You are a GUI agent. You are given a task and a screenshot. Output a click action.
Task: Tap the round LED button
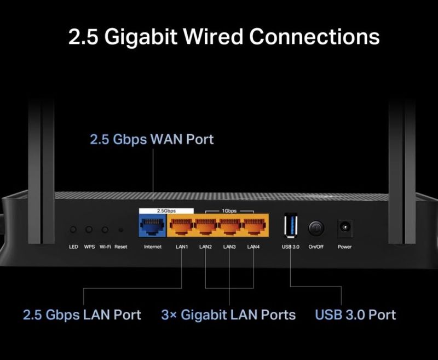click(73, 230)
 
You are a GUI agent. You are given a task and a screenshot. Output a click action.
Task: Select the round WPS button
click(89, 230)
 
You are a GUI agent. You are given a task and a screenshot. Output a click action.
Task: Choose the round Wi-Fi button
click(105, 230)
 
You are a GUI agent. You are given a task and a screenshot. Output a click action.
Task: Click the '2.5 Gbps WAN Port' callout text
click(152, 139)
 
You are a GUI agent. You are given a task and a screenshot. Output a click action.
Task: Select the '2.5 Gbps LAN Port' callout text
click(82, 315)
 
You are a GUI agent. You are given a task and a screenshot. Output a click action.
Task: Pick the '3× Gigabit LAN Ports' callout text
click(228, 315)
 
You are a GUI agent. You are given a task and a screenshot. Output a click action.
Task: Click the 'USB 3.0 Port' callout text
click(355, 315)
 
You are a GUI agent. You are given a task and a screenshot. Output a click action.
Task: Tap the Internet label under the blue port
click(152, 247)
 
